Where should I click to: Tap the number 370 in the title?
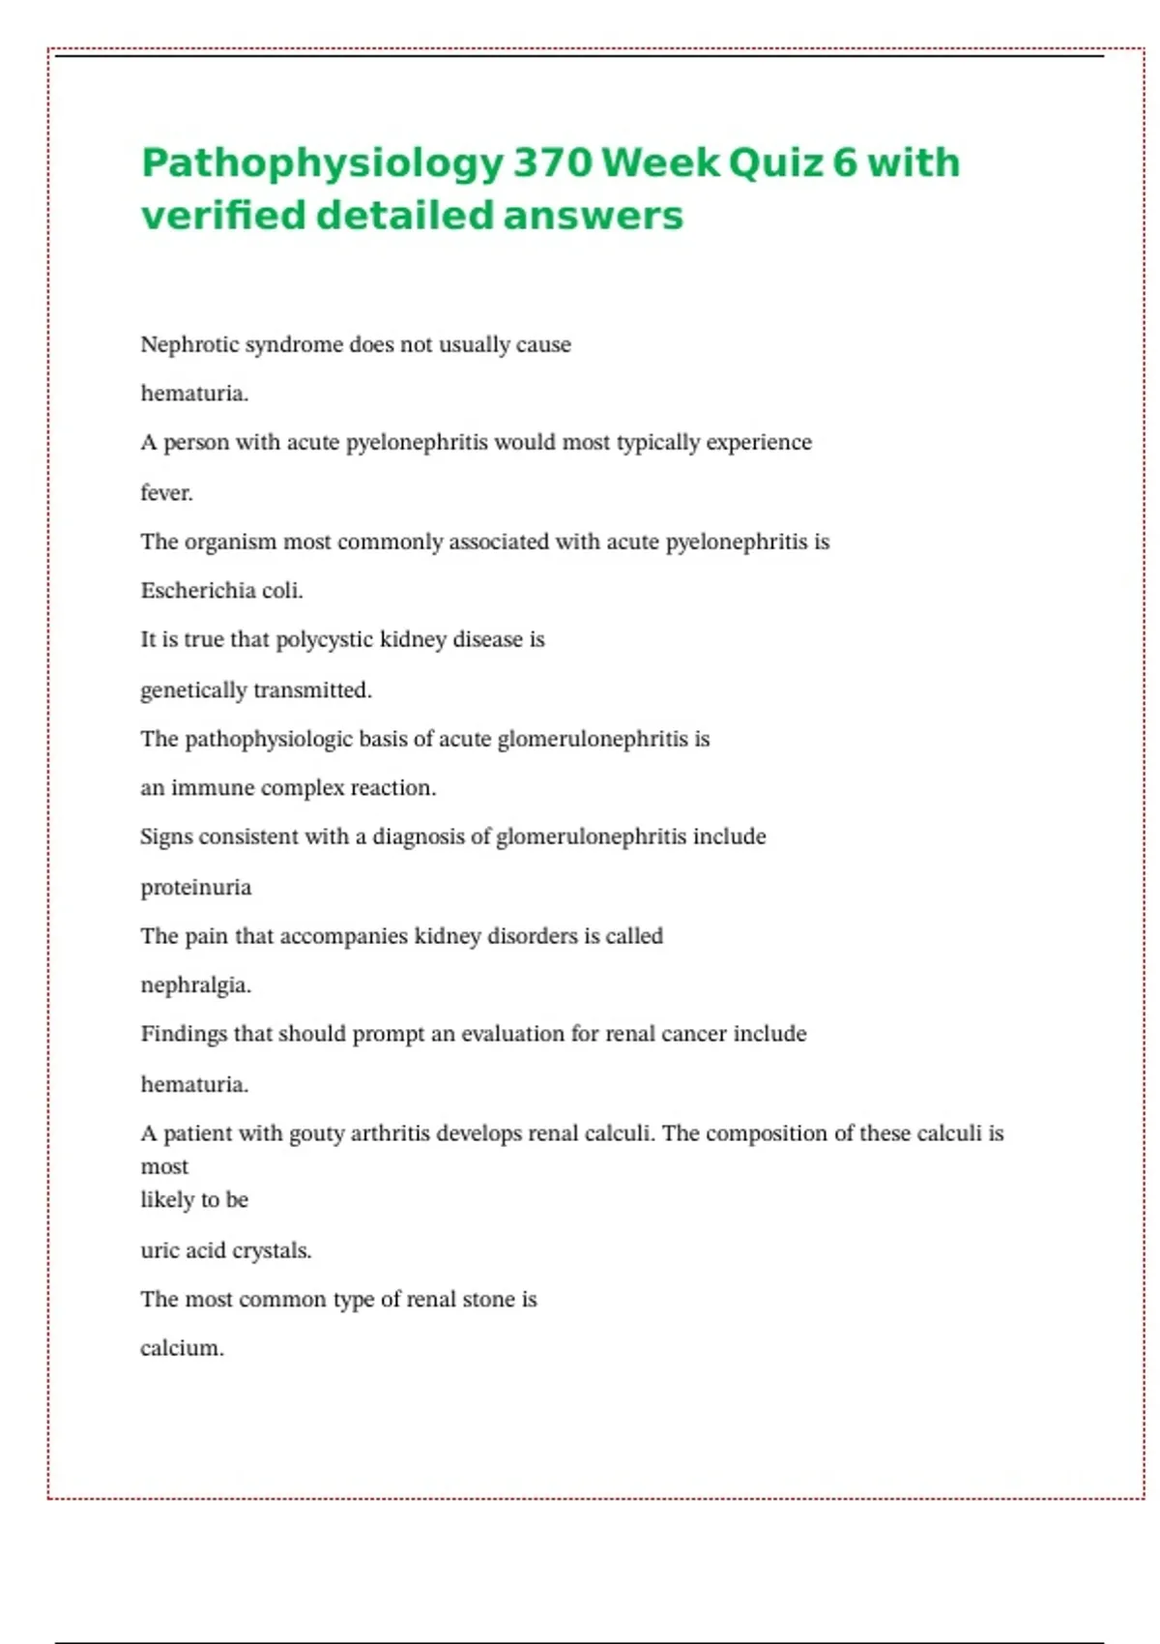(552, 162)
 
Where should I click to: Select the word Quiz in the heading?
(774, 162)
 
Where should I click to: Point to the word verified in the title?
(222, 215)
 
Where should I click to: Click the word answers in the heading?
(593, 215)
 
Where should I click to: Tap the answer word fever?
(166, 492)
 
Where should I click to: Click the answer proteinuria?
(195, 887)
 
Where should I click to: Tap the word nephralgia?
(195, 985)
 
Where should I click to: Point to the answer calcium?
(182, 1348)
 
